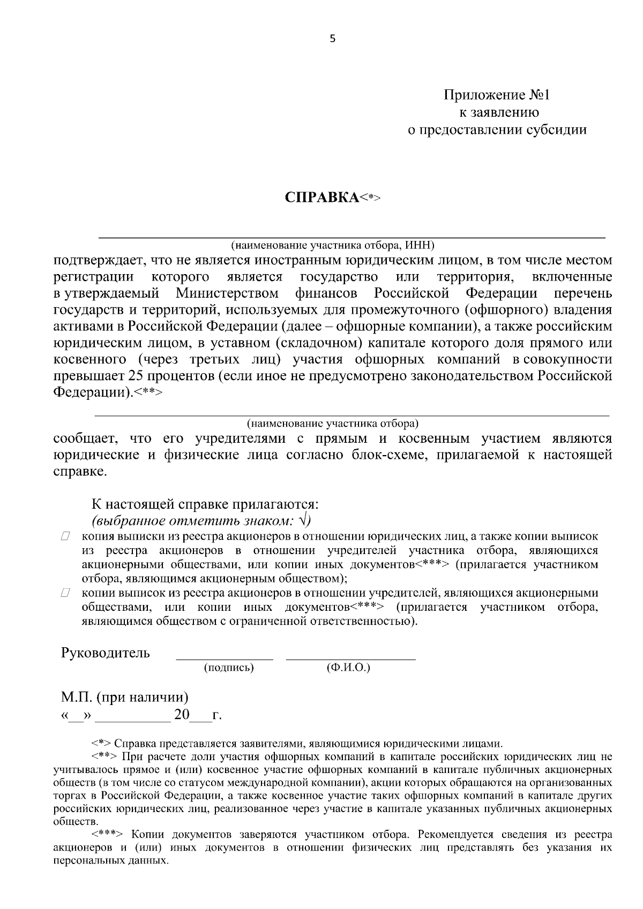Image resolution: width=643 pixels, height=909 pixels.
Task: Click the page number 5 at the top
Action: coord(332,39)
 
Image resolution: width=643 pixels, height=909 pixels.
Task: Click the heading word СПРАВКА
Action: coord(322,197)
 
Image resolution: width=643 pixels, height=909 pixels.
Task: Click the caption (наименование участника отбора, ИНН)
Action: coord(332,245)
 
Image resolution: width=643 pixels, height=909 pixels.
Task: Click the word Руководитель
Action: coord(106,653)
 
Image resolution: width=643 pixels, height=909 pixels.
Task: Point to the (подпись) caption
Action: coord(229,668)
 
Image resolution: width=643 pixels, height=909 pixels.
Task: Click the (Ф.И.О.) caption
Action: coord(348,668)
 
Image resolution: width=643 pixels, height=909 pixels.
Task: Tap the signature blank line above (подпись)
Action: coord(225,657)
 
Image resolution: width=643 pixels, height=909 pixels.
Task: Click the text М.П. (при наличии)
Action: coord(124,698)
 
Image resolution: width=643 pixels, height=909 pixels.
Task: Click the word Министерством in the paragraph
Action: coord(227,293)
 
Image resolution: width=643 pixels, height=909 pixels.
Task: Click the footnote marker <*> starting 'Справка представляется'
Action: coord(102,744)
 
